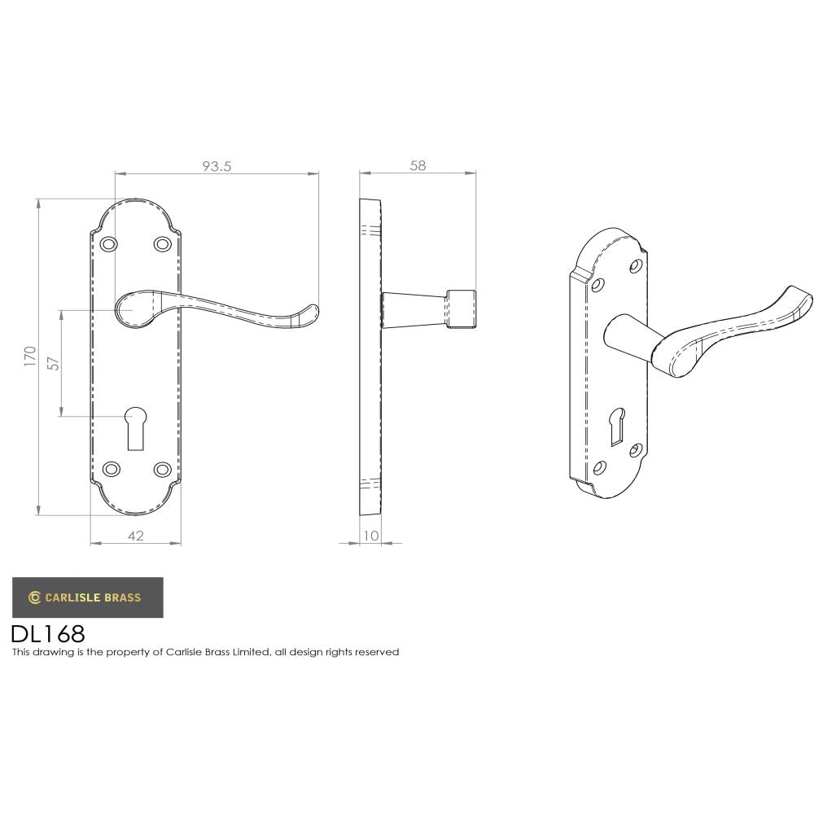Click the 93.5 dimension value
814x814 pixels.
click(x=217, y=166)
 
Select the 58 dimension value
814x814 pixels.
click(x=418, y=166)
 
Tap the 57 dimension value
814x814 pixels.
click(x=53, y=363)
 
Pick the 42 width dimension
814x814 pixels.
click(x=135, y=535)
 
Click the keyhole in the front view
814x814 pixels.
click(x=134, y=427)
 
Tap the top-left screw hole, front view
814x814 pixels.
click(x=108, y=243)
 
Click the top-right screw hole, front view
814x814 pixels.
click(x=162, y=243)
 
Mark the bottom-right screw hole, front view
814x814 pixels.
click(x=162, y=469)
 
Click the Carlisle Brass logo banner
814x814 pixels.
click(x=87, y=597)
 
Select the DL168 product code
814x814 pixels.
click(x=48, y=633)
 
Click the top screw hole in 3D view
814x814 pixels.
click(x=637, y=265)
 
